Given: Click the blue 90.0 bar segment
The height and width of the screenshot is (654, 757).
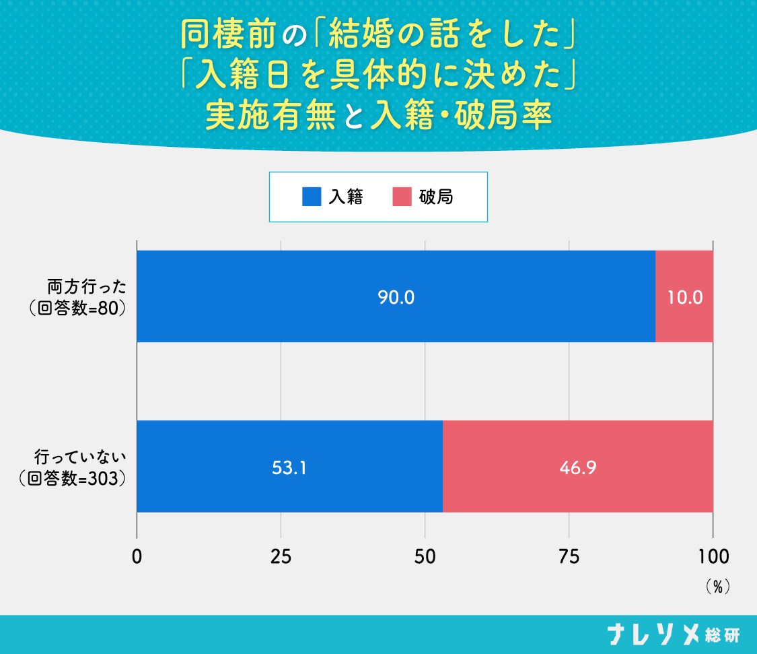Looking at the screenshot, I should [x=396, y=296].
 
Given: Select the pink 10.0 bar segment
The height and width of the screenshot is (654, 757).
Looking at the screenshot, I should [x=684, y=296].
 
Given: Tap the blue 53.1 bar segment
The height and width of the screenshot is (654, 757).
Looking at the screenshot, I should [x=289, y=467].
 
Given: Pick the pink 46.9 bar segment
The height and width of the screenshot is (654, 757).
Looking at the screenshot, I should [x=577, y=467].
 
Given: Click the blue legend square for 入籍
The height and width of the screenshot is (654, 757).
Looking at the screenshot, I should [x=312, y=197].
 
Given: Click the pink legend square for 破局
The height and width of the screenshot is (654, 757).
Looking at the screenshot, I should [x=401, y=197].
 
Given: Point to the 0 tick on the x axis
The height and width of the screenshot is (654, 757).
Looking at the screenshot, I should [x=137, y=556].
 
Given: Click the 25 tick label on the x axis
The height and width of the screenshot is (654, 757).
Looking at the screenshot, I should [x=281, y=556].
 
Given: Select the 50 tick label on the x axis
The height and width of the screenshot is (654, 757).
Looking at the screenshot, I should [x=425, y=556].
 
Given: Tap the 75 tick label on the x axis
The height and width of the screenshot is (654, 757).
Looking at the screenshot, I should [x=569, y=556].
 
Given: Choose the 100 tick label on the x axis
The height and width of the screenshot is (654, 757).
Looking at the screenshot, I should [x=713, y=556].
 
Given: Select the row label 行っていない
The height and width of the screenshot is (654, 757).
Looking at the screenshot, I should [x=81, y=457].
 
